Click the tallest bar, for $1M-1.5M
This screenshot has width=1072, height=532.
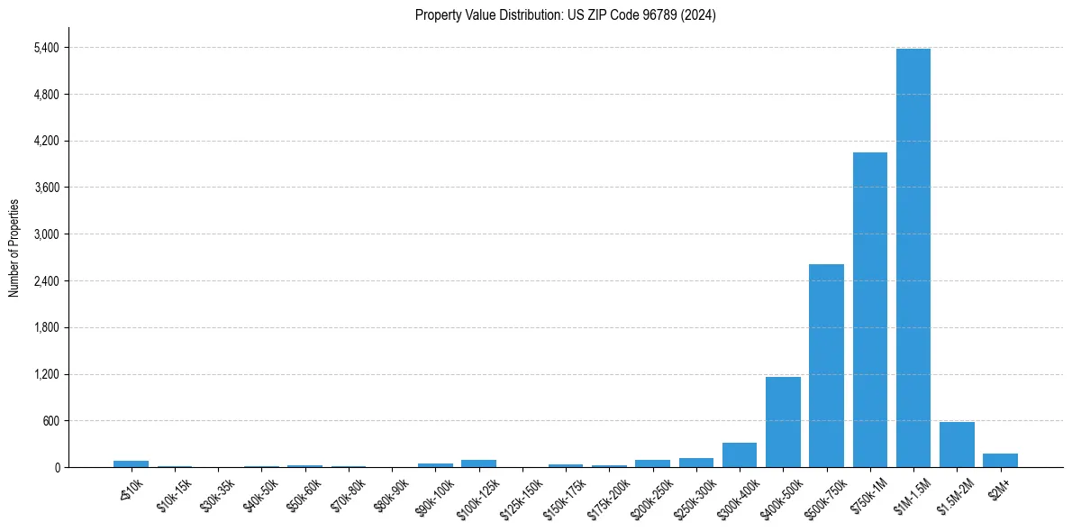(x=913, y=258)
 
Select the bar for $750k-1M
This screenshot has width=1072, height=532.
(x=869, y=309)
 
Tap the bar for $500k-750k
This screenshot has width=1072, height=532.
(x=826, y=365)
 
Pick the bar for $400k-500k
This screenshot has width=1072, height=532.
(x=783, y=422)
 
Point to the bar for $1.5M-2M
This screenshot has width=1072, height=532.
(x=957, y=445)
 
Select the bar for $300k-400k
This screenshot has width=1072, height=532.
(x=740, y=454)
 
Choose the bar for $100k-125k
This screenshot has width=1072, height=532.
(x=478, y=463)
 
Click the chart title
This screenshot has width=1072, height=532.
(x=565, y=15)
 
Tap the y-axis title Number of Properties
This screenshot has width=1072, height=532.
(x=14, y=248)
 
